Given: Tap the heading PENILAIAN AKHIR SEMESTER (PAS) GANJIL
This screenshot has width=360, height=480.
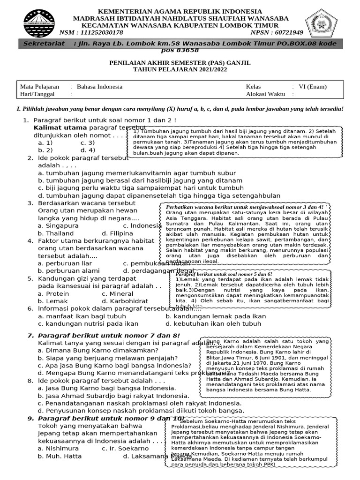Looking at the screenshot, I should pos(180,62).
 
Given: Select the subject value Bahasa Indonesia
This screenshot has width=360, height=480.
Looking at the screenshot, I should pos(99,87).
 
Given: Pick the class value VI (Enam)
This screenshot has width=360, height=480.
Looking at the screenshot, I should pos(313,87).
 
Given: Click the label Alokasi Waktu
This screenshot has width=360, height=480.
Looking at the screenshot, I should pos(265,94).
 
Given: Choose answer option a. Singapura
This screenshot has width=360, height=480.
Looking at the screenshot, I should pos(59,225).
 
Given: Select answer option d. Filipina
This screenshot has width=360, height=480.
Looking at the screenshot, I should pos(117,233).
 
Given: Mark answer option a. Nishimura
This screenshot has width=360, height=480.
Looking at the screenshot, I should pos(59,448).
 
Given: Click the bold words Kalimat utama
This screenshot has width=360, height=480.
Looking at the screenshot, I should pos(60,127).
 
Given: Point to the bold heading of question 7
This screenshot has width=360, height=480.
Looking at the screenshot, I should pos(108,335).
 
